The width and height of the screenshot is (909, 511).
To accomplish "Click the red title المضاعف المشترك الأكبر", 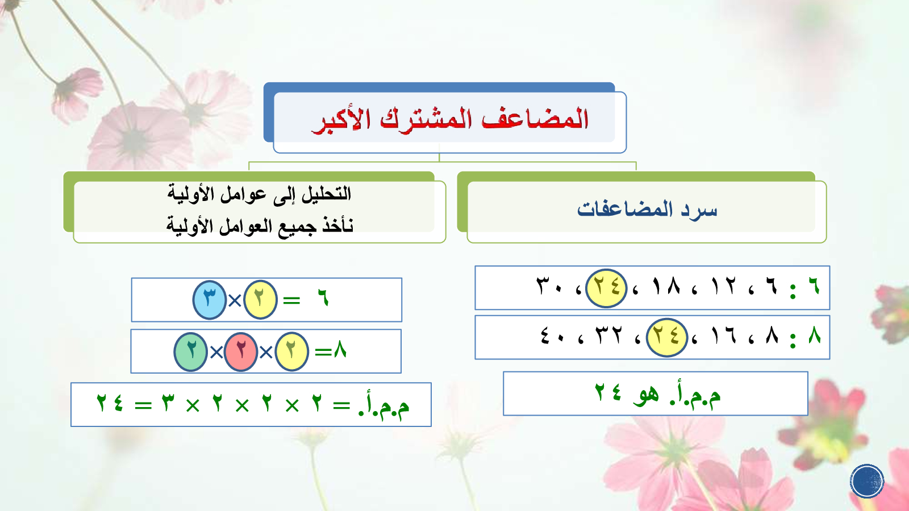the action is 450,120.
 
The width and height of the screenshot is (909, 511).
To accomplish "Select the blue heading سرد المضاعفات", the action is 647,210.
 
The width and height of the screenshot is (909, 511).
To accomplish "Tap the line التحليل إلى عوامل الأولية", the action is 259,194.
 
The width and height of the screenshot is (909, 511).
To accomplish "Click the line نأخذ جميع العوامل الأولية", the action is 260,225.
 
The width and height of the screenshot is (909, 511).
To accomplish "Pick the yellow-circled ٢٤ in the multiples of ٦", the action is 606,288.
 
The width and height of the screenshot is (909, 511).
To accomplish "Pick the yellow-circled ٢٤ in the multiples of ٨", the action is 666,337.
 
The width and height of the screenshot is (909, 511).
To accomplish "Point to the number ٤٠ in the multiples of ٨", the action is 552,336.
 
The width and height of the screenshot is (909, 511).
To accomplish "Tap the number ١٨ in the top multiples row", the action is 666,286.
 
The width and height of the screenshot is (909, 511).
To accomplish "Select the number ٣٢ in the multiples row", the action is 608,336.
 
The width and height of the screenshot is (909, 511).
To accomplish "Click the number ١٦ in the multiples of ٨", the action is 724,336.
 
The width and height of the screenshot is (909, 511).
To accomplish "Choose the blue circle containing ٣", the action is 210,300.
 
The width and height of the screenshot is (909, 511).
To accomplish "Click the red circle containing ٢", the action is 241,351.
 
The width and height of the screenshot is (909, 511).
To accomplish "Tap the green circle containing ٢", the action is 191,351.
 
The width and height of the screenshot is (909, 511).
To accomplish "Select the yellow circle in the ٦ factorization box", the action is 260,300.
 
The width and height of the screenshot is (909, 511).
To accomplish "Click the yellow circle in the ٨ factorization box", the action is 291,351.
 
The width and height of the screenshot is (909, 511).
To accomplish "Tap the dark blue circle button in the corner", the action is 867,481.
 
